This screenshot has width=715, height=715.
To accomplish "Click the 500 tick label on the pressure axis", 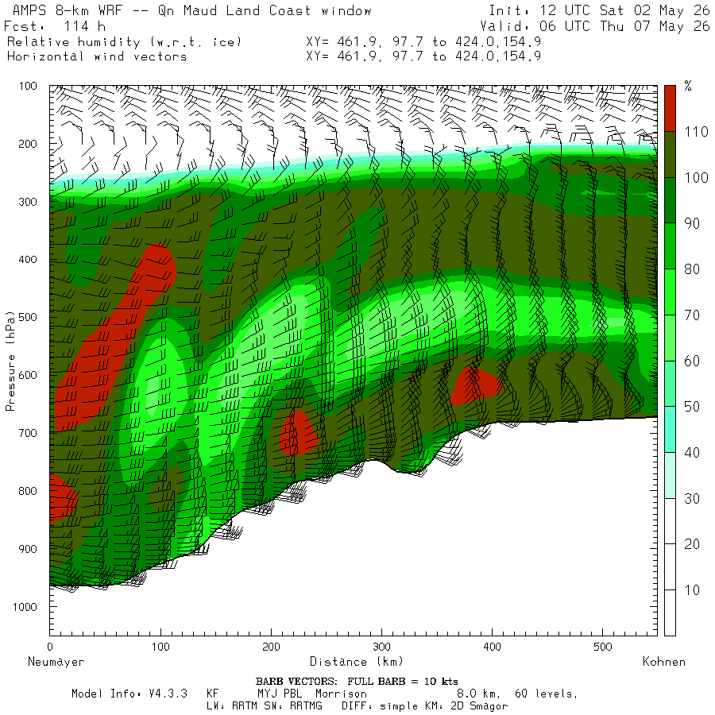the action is click(27, 317).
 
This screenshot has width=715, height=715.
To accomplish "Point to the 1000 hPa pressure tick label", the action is click(25, 607).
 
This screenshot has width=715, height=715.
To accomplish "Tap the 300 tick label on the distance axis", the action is click(381, 647).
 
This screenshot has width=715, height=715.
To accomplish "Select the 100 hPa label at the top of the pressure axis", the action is click(27, 86).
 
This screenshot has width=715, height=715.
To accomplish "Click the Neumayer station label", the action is click(56, 662).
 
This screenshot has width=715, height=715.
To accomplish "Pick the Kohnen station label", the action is click(664, 662).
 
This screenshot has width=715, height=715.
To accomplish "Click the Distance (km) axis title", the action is click(357, 662).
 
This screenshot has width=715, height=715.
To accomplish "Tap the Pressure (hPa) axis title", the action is click(10, 361).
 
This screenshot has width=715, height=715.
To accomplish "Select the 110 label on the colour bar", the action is click(696, 132).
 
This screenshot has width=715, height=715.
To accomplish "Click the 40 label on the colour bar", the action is click(692, 452).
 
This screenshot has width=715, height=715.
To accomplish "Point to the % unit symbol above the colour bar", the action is click(688, 86).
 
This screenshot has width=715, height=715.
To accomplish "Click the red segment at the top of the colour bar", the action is click(670, 109).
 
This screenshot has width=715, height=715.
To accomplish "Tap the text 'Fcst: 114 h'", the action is click(55, 26).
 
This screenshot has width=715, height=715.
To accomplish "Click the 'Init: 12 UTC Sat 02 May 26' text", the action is click(599, 10).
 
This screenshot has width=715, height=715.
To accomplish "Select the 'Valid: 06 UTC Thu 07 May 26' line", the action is click(594, 26).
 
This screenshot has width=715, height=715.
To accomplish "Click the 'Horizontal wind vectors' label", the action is click(97, 56).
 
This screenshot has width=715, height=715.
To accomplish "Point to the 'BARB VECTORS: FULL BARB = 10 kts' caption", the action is click(357, 682).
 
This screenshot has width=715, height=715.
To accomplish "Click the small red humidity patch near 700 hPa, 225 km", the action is click(298, 433).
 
